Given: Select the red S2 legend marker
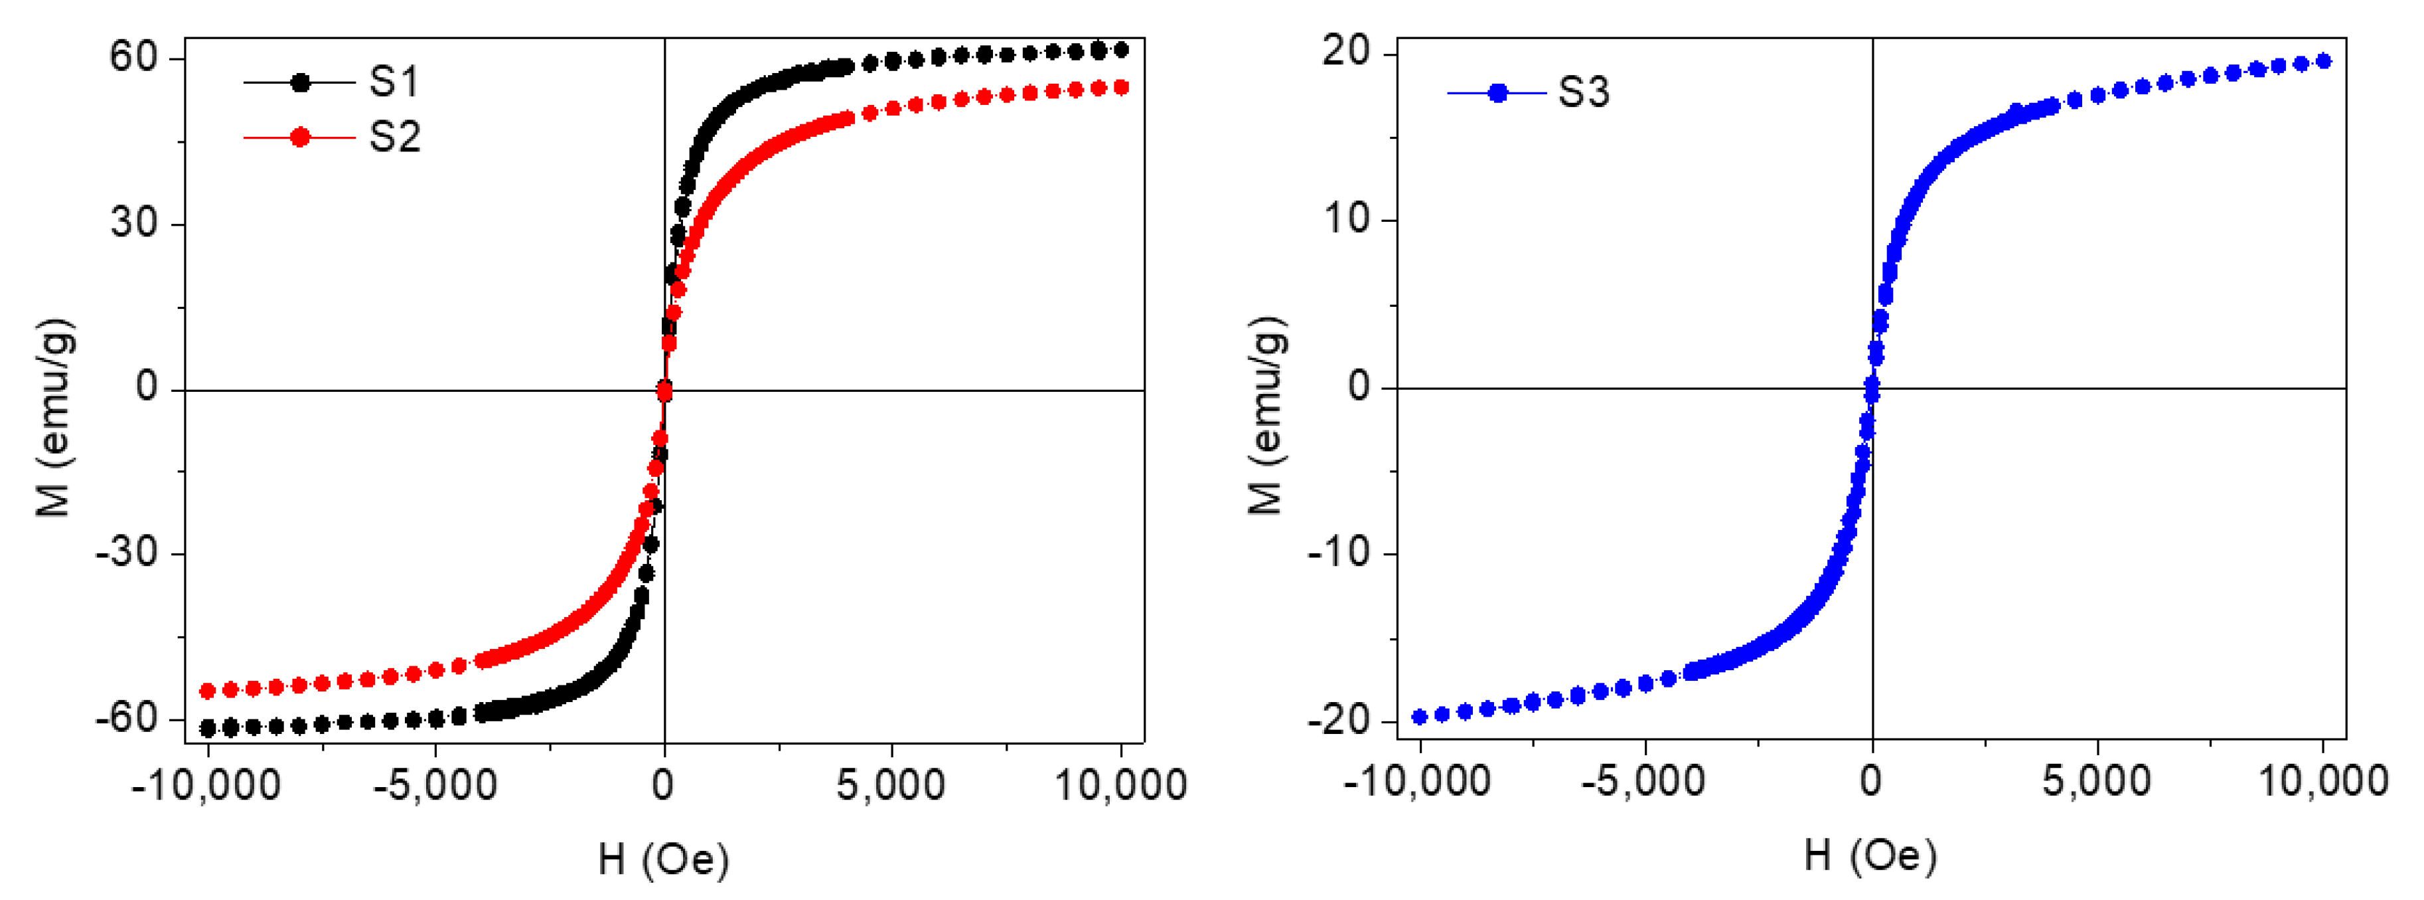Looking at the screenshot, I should pos(300,137).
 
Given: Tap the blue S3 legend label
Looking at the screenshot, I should pos(1584,92).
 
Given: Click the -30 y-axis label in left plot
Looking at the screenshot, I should pos(126,553).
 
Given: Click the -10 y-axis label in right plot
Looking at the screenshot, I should pos(1338,553).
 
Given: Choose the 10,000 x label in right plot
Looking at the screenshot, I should pos(2323,781).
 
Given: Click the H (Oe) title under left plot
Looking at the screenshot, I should pos(663,859).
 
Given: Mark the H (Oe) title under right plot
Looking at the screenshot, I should pos(1870,855).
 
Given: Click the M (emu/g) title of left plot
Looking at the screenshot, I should pos(54,417).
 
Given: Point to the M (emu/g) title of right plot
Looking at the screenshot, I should pos(1266,415).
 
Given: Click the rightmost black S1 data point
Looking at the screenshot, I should pos(1120,50).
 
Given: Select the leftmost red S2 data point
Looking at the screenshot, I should pos(208,691).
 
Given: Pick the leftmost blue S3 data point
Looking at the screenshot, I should pos(1420,717).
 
